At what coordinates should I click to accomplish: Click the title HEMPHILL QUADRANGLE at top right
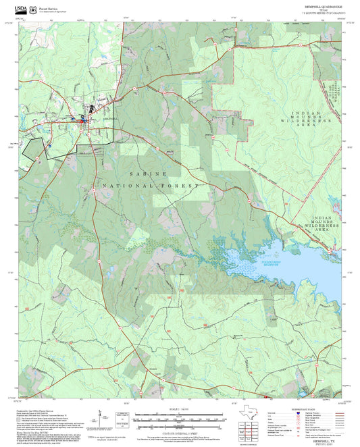click(x=322, y=5)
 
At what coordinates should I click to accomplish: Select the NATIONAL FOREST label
click(x=152, y=185)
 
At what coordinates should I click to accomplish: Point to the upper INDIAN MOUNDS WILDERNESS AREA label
click(x=312, y=119)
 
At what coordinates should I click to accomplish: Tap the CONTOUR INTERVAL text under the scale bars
click(x=180, y=431)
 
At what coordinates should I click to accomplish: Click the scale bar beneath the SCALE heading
click(x=180, y=416)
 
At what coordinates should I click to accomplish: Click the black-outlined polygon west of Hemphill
click(x=30, y=145)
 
